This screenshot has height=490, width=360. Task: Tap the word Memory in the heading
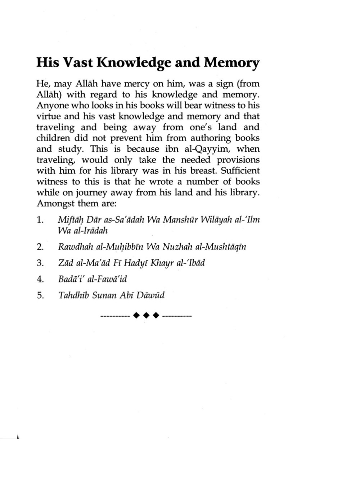[231, 63]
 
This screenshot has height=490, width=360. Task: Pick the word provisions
[238, 160]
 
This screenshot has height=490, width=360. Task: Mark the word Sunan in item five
[104, 295]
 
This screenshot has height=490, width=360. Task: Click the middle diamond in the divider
[146, 316]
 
